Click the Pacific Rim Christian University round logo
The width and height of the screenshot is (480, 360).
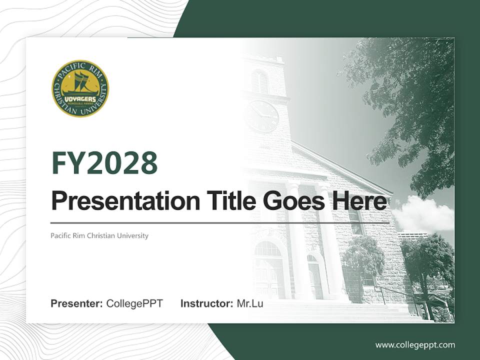(x=80, y=88)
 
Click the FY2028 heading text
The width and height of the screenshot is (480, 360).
(x=104, y=163)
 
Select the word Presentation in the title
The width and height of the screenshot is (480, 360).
(x=118, y=201)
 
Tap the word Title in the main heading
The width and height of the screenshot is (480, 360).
(x=223, y=201)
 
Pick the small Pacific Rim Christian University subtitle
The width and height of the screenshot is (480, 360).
(x=99, y=235)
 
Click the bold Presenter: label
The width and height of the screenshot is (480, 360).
(x=76, y=303)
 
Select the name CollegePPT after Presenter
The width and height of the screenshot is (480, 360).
(x=134, y=303)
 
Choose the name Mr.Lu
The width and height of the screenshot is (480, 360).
(x=250, y=303)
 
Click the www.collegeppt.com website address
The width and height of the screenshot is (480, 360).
(x=415, y=345)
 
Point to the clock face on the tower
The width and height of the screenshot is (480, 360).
(x=262, y=116)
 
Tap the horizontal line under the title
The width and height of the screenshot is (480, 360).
(x=220, y=222)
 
